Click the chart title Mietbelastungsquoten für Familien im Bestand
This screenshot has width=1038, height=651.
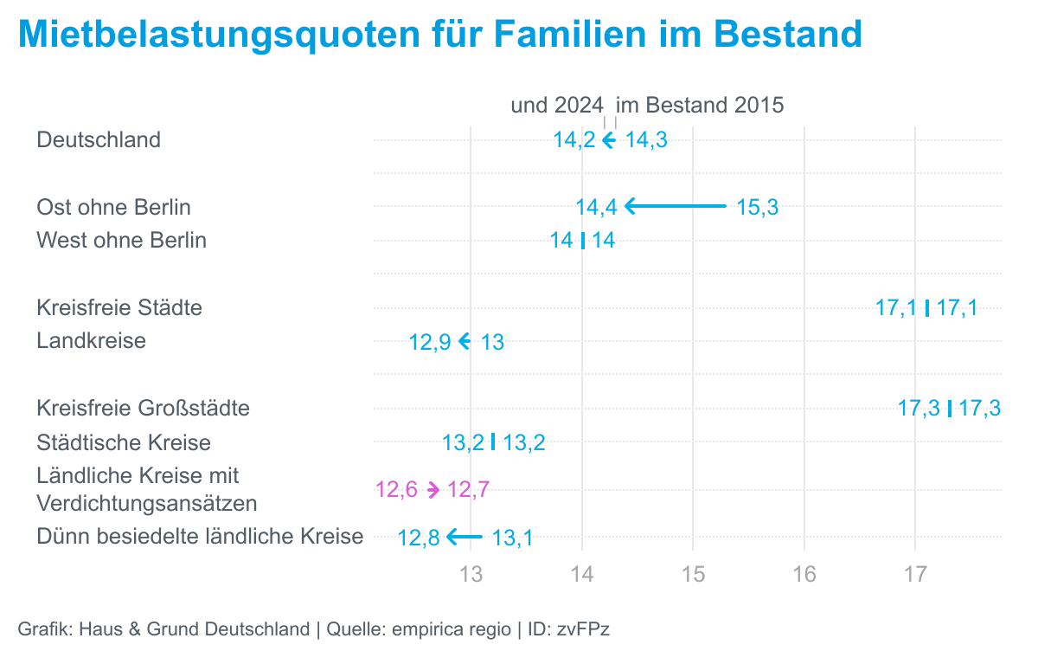pyautogui.click(x=440, y=35)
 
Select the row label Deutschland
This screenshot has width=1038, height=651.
pyautogui.click(x=99, y=139)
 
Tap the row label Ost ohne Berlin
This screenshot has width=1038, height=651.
pyautogui.click(x=113, y=207)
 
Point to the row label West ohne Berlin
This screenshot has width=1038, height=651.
pyautogui.click(x=121, y=240)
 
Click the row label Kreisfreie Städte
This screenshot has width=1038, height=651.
pyautogui.click(x=119, y=307)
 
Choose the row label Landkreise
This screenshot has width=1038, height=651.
pyautogui.click(x=91, y=340)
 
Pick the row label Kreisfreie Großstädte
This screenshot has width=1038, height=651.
pyautogui.click(x=143, y=408)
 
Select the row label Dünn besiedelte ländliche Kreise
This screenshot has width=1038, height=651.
pyautogui.click(x=200, y=537)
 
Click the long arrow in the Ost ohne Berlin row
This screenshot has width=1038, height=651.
pyautogui.click(x=676, y=206)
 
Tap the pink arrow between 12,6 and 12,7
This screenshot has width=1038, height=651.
pyautogui.click(x=433, y=490)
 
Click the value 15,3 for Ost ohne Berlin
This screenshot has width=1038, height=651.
pyautogui.click(x=758, y=207)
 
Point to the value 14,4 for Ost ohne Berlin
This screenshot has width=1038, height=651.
pyautogui.click(x=596, y=207)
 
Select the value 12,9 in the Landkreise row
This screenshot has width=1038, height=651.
pyautogui.click(x=430, y=342)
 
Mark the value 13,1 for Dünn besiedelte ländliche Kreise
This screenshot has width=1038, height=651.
pyautogui.click(x=512, y=538)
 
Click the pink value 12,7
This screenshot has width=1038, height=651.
pyautogui.click(x=469, y=490)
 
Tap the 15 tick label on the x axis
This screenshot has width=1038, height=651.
pyautogui.click(x=693, y=574)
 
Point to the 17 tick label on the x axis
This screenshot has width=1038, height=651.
pyautogui.click(x=915, y=574)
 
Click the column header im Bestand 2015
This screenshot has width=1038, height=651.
pyautogui.click(x=700, y=106)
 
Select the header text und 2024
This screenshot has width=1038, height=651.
pyautogui.click(x=557, y=106)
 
